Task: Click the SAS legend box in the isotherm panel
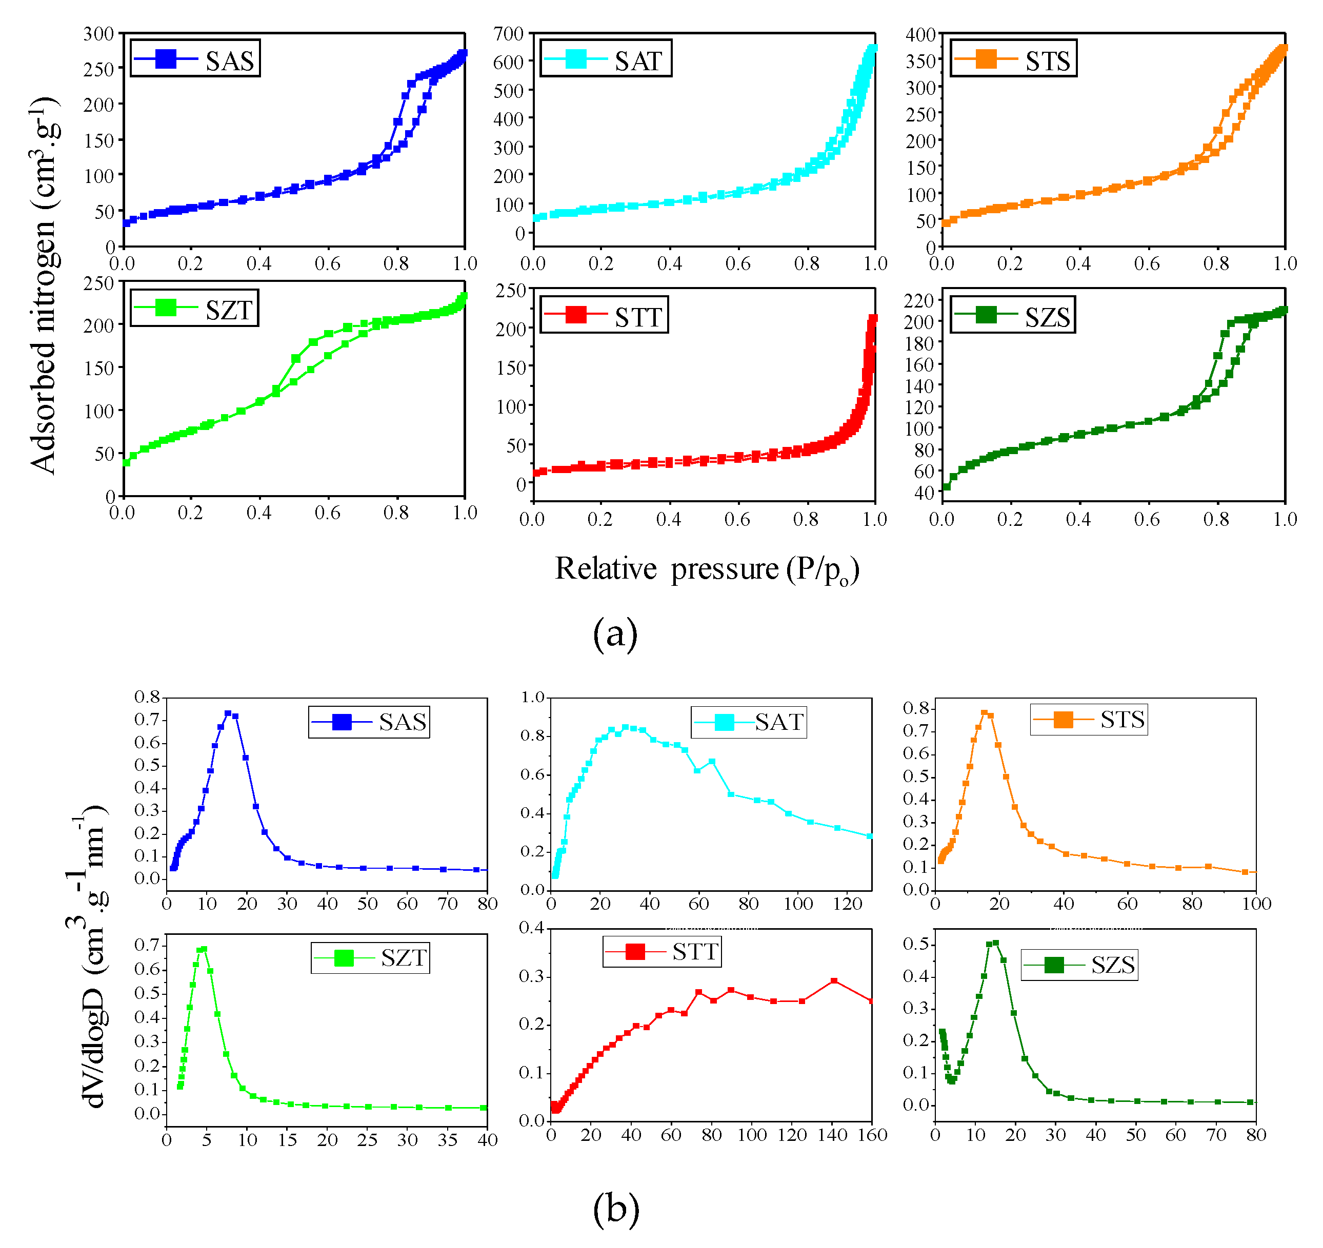click(195, 58)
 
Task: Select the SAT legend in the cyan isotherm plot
click(606, 58)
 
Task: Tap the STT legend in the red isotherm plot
click(604, 315)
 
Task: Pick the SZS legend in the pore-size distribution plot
click(1079, 965)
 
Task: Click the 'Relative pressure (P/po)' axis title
click(707, 569)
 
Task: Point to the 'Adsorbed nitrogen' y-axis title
click(44, 286)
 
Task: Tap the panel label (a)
click(615, 633)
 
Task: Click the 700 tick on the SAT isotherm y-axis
click(509, 34)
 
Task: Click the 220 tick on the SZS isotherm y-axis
click(918, 301)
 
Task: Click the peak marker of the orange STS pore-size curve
click(984, 713)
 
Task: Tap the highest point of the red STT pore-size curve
click(834, 981)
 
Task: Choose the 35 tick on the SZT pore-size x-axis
click(448, 1140)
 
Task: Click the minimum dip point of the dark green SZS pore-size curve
click(952, 1081)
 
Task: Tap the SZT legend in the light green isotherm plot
click(194, 308)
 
